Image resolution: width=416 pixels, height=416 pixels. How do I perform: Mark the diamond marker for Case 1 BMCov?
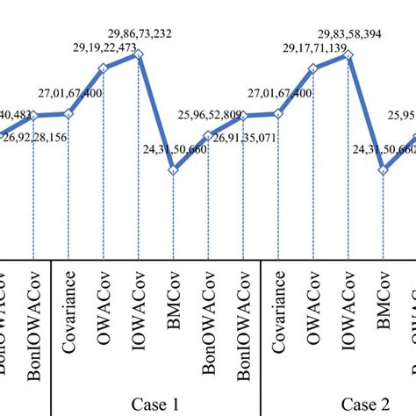(x=174, y=170)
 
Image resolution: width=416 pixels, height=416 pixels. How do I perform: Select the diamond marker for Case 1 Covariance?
(x=68, y=113)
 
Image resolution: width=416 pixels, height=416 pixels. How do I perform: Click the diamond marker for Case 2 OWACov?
(x=313, y=67)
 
